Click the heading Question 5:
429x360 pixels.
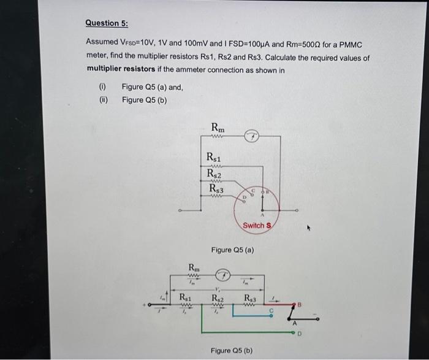pyautogui.click(x=107, y=23)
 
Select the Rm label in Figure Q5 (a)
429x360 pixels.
pyautogui.click(x=218, y=127)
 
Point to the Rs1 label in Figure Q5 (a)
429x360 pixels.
pyautogui.click(x=214, y=159)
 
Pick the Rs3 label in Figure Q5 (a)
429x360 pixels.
pyautogui.click(x=214, y=190)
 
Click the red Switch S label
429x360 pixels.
pyautogui.click(x=256, y=225)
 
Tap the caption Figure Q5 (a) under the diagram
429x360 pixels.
pyautogui.click(x=232, y=250)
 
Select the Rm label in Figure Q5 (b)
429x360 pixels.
pyautogui.click(x=193, y=267)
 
